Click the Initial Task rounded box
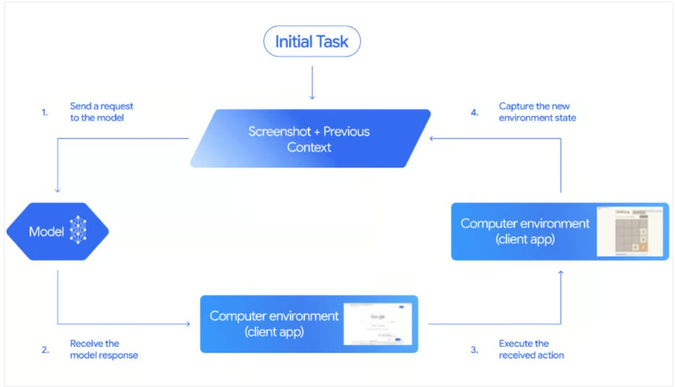[312, 42]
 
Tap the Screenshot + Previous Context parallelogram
[309, 139]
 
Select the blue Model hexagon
[57, 232]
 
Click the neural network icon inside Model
[77, 232]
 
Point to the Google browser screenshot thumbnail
[377, 324]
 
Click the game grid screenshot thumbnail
[630, 232]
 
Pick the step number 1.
[45, 113]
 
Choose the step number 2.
[45, 350]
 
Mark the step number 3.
[474, 350]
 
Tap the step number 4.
[474, 113]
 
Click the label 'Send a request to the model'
[101, 112]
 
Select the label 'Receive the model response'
[104, 349]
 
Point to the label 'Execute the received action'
[531, 349]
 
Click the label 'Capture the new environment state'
[537, 112]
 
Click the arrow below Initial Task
[312, 83]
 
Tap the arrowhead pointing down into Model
[57, 191]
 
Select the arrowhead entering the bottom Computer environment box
[188, 324]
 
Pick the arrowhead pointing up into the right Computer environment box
[561, 273]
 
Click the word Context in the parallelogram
[309, 147]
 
